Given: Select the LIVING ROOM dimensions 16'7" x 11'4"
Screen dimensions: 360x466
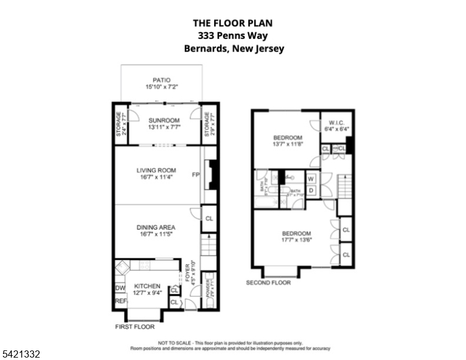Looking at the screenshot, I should pyautogui.click(x=155, y=177).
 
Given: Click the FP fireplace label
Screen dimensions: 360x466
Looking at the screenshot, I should pyautogui.click(x=195, y=175).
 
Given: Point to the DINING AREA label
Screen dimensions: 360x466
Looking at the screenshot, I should pyautogui.click(x=155, y=227).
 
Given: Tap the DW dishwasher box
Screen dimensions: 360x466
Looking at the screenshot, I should pyautogui.click(x=119, y=288).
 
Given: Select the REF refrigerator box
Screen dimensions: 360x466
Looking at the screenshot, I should pyautogui.click(x=119, y=302).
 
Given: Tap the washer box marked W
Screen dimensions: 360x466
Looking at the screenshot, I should pyautogui.click(x=311, y=178).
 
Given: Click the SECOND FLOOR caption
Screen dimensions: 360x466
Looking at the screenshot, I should pyautogui.click(x=268, y=283).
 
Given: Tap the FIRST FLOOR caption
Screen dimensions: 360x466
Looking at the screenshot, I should pyautogui.click(x=134, y=327).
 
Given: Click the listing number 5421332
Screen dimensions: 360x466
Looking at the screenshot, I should pyautogui.click(x=20, y=355).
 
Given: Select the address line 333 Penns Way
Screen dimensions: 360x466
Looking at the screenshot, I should pyautogui.click(x=234, y=36).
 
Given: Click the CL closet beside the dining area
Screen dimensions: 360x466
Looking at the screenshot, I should pyautogui.click(x=209, y=219).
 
